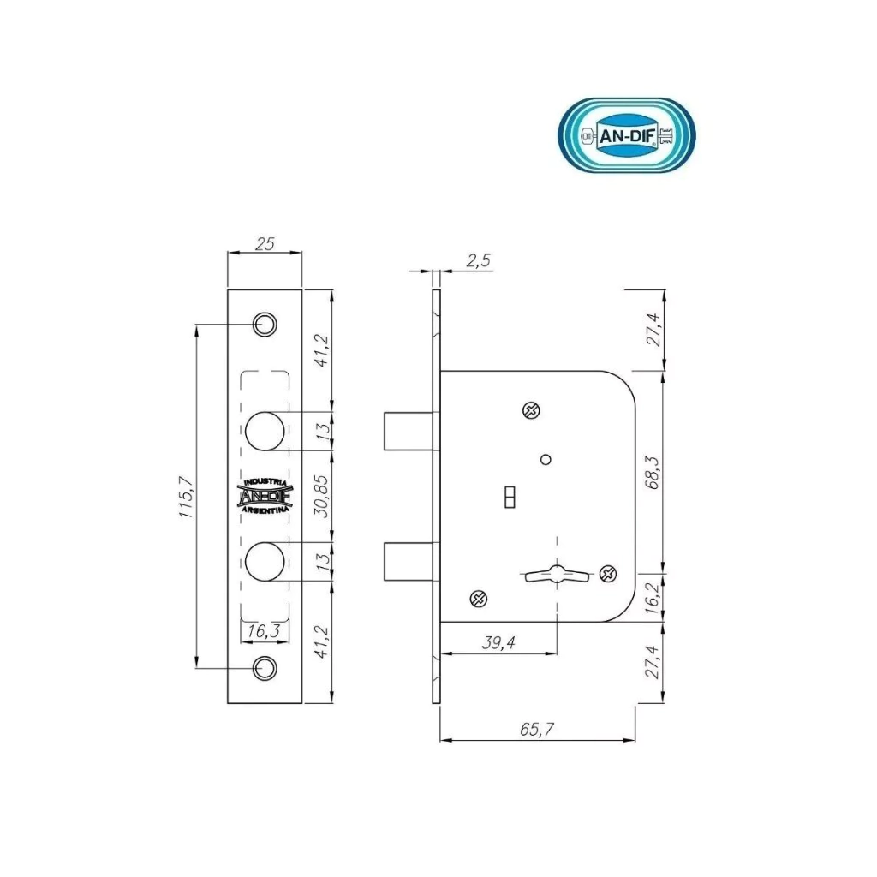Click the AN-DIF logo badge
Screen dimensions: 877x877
click(x=628, y=135)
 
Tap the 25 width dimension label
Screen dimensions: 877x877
click(x=265, y=244)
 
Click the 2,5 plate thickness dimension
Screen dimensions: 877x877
click(x=478, y=260)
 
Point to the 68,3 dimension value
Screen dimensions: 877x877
click(x=653, y=473)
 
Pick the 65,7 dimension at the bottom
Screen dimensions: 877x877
click(x=537, y=729)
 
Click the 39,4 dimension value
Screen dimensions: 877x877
click(x=498, y=642)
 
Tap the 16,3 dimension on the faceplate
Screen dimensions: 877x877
click(x=264, y=631)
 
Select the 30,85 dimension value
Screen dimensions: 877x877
click(x=324, y=496)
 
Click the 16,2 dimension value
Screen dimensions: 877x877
click(x=653, y=597)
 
